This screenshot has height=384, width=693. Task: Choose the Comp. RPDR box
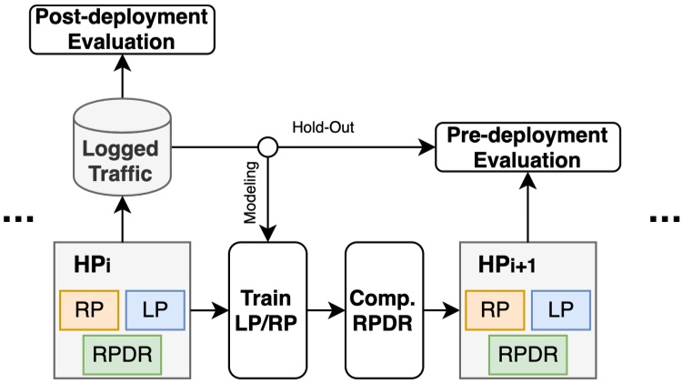[x=383, y=308]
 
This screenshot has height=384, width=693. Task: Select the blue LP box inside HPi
[x=154, y=309]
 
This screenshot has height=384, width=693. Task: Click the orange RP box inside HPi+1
[x=496, y=309]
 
